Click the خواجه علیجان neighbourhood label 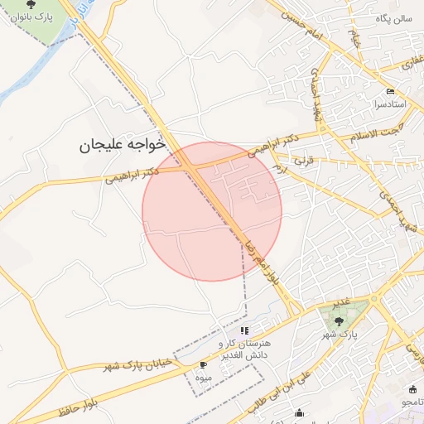(123, 145)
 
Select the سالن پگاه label (393, 18)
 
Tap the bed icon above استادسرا (390, 91)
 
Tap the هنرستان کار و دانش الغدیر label (246, 349)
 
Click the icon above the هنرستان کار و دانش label (244, 330)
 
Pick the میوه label (204, 378)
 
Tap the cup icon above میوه (204, 365)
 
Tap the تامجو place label (411, 402)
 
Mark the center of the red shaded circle (212, 211)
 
